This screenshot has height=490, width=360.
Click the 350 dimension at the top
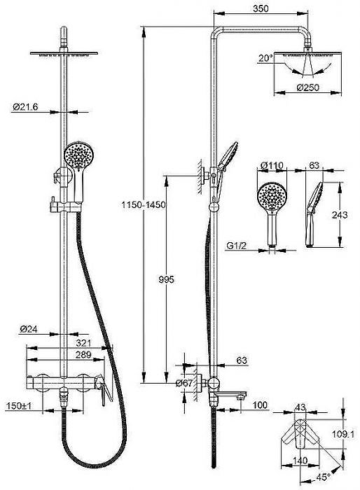(261, 8)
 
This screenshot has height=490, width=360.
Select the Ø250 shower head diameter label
(307, 87)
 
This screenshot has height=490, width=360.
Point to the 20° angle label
(265, 58)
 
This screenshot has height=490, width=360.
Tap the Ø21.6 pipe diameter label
(25, 107)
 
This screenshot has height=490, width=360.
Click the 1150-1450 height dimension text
(144, 205)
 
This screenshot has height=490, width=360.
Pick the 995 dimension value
(166, 279)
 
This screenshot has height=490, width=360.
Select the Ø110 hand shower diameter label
(272, 165)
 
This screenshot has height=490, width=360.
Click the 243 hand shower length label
(340, 215)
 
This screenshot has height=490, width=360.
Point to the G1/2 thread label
(237, 246)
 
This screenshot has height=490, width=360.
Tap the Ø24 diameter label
(29, 329)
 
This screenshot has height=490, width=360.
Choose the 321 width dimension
(83, 343)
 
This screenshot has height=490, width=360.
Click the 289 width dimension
(83, 355)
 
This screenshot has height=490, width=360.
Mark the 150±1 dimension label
(20, 406)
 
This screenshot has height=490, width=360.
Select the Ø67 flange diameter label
(184, 383)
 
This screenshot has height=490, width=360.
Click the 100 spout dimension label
(260, 405)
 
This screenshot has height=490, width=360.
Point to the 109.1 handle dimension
(343, 434)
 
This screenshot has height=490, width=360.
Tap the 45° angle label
(323, 477)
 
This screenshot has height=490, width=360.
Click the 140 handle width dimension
(300, 461)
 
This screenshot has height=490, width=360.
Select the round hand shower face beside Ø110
(272, 197)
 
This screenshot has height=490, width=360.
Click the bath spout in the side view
(231, 395)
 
